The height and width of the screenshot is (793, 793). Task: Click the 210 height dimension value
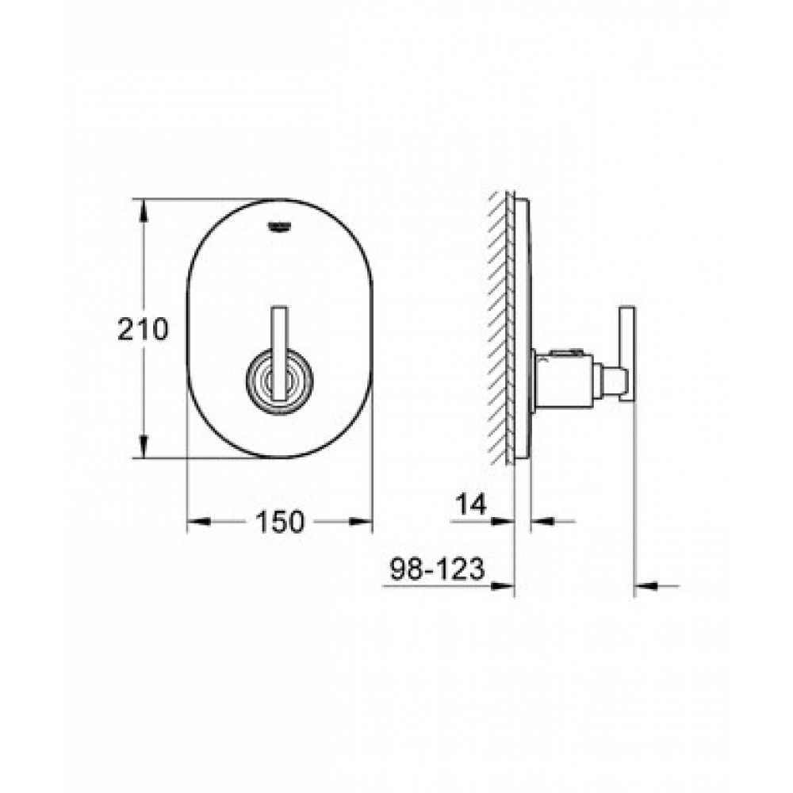tap(143, 329)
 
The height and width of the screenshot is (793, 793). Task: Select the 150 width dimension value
tap(280, 522)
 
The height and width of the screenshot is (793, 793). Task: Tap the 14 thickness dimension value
tap(471, 504)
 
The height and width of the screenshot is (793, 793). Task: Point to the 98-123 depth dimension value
tap(438, 569)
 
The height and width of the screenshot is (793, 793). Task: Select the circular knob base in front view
tap(280, 381)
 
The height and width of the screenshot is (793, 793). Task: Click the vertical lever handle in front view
tap(280, 353)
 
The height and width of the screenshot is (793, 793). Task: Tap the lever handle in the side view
tap(627, 354)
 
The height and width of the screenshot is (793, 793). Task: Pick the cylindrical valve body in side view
tap(564, 378)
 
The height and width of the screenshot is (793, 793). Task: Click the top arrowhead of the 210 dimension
tap(144, 210)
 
